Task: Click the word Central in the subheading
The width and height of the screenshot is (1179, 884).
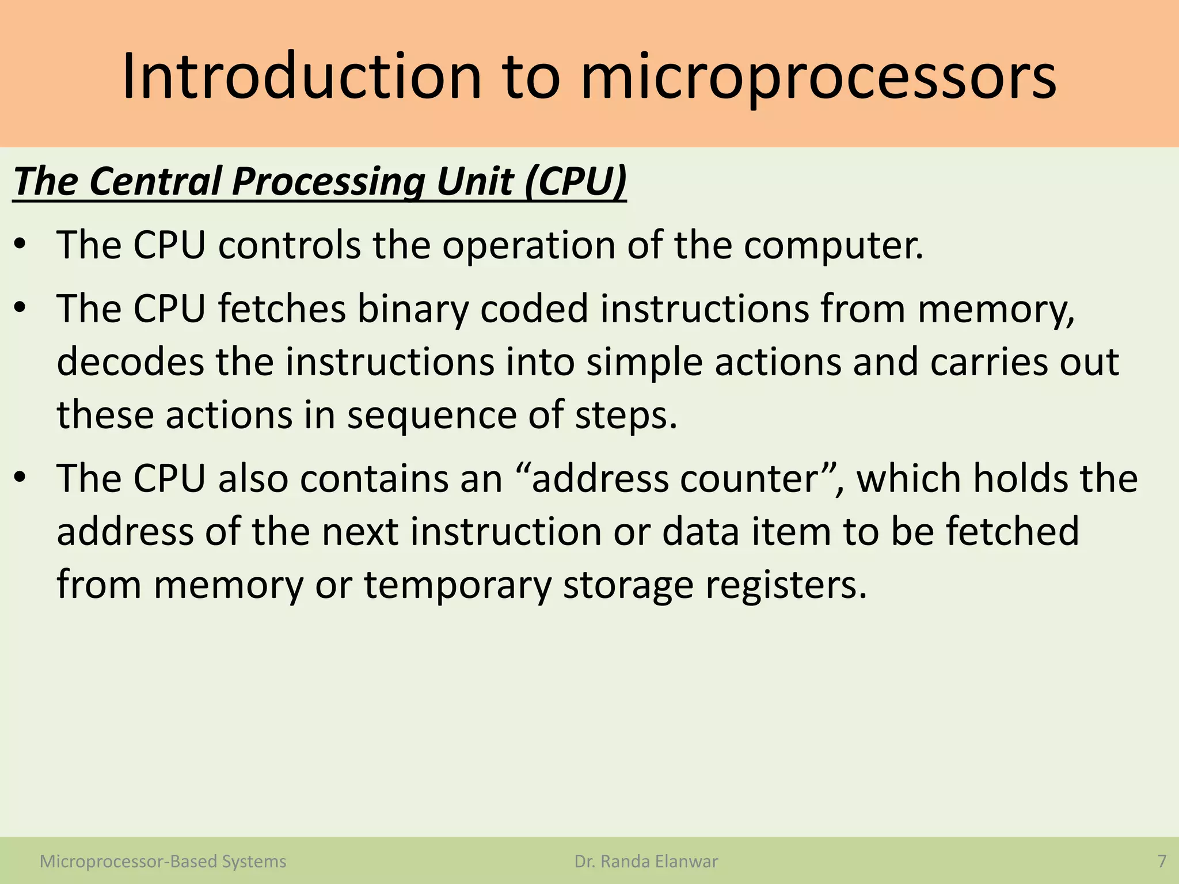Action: pyautogui.click(x=155, y=182)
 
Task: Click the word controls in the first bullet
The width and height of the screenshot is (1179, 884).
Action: pyautogui.click(x=290, y=246)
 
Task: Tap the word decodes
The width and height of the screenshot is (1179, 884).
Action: pyautogui.click(x=130, y=362)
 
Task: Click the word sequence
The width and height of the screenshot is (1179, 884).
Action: pyautogui.click(x=432, y=416)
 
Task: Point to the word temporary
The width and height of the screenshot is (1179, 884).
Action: pyautogui.click(x=458, y=585)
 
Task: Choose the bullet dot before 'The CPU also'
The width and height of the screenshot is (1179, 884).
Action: pyautogui.click(x=21, y=479)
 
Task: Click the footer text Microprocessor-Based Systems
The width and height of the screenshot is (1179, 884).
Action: pyautogui.click(x=163, y=862)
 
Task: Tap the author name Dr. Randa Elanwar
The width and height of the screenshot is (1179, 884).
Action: pyautogui.click(x=646, y=862)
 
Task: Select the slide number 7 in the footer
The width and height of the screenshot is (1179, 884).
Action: pyautogui.click(x=1162, y=862)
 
